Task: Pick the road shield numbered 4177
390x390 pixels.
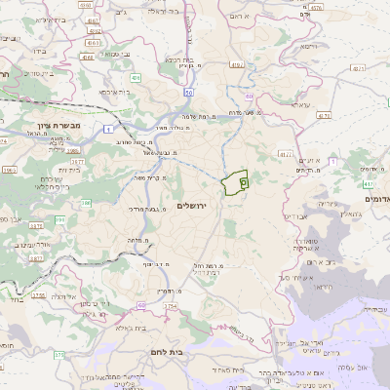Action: click(x=285, y=153)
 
